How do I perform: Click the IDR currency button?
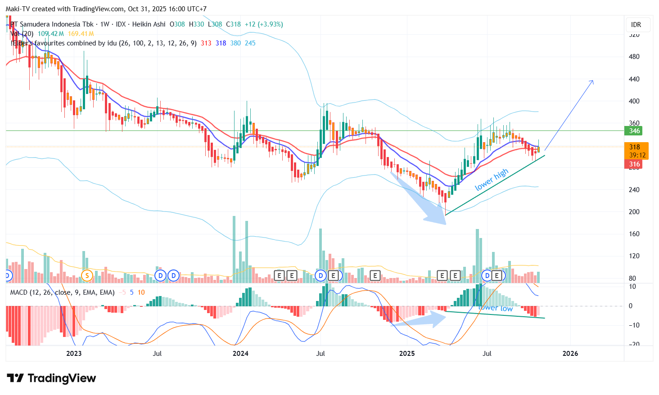(636, 25)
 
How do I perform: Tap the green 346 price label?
(634, 131)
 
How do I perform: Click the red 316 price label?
(634, 164)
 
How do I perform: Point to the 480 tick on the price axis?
(634, 57)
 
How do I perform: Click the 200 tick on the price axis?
(634, 212)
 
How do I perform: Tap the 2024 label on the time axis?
(240, 354)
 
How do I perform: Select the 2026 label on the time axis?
(570, 354)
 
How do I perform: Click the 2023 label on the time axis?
(74, 354)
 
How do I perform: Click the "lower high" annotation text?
(492, 180)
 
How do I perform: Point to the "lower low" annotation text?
(496, 308)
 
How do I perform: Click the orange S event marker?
(86, 275)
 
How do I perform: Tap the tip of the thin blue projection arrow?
(593, 81)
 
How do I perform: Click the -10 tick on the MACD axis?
(633, 325)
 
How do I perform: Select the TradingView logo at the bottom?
(51, 378)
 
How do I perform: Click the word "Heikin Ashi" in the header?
(149, 24)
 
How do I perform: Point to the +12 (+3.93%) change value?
(264, 24)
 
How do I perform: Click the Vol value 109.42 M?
(50, 34)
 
